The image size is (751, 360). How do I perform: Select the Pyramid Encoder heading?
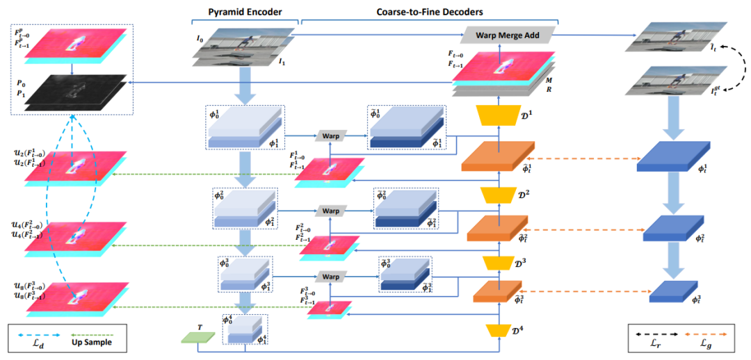pyautogui.click(x=236, y=13)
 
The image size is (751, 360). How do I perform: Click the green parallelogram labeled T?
pyautogui.click(x=197, y=338)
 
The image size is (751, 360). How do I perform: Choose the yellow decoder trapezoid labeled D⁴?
pyautogui.click(x=498, y=331)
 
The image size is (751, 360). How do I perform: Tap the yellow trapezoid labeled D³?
pyautogui.click(x=498, y=264)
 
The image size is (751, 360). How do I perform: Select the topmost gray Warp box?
pyautogui.click(x=331, y=136)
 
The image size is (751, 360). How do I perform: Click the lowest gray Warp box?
pyautogui.click(x=331, y=277)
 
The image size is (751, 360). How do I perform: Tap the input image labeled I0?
pyautogui.click(x=240, y=43)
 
